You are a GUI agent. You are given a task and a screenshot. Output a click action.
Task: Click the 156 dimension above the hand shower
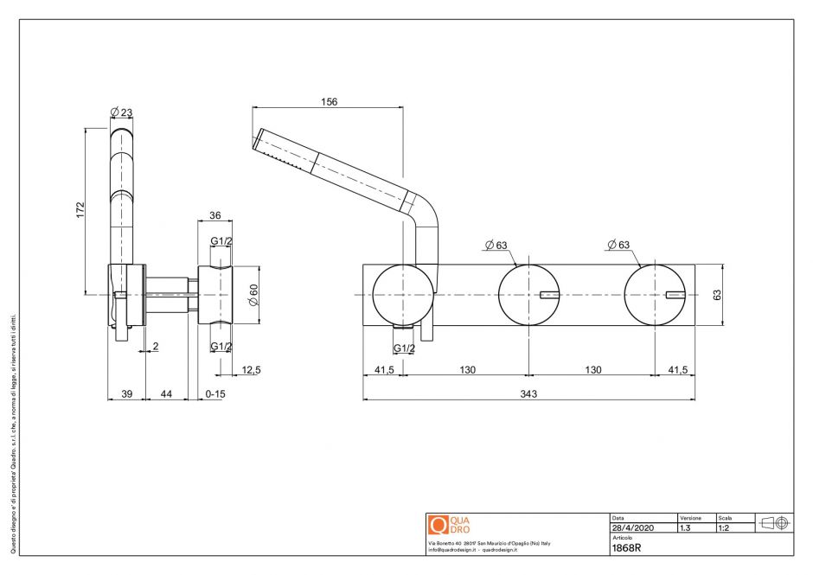click(329, 101)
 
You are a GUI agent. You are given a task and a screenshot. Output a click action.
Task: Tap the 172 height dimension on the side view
click(80, 209)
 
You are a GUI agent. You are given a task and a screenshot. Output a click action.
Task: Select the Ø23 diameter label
click(121, 112)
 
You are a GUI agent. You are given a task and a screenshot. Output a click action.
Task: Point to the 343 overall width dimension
click(528, 394)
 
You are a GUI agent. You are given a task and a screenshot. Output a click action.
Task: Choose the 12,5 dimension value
click(252, 370)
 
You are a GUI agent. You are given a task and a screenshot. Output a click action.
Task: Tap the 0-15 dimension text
click(215, 394)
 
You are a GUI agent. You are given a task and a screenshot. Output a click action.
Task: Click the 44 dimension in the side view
click(167, 394)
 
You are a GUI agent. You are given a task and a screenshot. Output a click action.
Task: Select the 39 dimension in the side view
click(125, 394)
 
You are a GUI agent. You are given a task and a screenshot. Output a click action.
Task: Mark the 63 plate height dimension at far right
click(717, 294)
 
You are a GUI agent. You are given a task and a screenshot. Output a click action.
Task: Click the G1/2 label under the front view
click(403, 348)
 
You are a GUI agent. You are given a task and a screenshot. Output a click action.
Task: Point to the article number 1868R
click(626, 547)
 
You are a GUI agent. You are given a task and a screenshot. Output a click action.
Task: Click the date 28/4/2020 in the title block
click(632, 527)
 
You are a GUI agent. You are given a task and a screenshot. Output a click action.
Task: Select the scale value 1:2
click(725, 527)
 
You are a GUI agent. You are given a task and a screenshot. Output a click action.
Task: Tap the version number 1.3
click(686, 527)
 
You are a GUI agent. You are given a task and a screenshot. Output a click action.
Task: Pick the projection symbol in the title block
click(772, 522)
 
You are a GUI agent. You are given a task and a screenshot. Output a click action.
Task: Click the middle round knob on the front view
click(528, 294)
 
